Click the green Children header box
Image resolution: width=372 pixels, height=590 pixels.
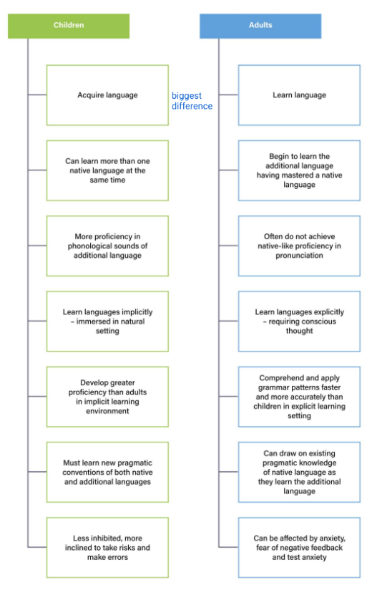click(69, 26)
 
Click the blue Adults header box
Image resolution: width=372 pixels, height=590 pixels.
click(260, 26)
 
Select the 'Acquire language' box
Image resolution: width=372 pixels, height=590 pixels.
click(107, 95)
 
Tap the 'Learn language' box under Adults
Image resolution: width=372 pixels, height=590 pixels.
click(299, 95)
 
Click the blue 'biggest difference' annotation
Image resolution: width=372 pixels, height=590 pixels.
click(192, 101)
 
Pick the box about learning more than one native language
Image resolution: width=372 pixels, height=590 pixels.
click(107, 170)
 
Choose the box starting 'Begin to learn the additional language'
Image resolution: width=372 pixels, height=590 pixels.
click(299, 170)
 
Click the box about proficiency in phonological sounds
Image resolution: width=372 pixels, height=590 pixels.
click(107, 246)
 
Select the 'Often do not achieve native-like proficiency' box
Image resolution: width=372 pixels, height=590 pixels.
click(299, 246)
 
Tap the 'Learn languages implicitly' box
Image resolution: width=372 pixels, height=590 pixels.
click(107, 321)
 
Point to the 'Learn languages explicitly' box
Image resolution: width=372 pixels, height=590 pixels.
click(299, 321)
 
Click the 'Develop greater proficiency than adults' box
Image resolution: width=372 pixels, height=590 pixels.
click(107, 397)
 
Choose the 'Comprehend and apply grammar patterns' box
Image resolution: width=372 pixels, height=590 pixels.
click(299, 397)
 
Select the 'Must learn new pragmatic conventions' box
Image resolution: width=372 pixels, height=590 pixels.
click(107, 473)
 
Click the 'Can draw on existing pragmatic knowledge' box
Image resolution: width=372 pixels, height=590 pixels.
click(299, 473)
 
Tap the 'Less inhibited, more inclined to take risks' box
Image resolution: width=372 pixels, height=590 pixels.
click(107, 548)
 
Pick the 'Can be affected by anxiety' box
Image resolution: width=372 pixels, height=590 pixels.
click(299, 548)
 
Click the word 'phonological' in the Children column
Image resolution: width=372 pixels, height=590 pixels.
click(89, 246)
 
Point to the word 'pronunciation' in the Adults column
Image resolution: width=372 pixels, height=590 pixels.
click(299, 256)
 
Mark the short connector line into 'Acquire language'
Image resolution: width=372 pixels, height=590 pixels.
click(37, 95)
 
